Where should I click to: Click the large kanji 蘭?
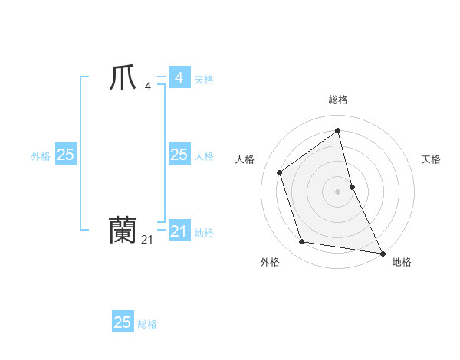123,231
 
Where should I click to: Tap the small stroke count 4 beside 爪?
147,86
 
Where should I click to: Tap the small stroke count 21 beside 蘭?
147,240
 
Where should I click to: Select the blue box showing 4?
179,78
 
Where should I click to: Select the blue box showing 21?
179,231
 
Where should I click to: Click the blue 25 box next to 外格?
65,155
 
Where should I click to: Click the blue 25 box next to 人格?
179,155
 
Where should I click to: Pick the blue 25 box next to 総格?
123,322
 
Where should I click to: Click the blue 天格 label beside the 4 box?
204,80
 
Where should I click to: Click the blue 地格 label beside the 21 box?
204,233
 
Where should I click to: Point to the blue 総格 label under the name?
147,324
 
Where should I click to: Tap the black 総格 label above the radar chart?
338,100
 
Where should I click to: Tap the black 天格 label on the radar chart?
432,159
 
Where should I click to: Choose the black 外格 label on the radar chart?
270,262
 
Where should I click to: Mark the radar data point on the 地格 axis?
381,252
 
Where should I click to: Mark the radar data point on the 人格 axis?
280,172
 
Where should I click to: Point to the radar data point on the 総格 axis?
338,130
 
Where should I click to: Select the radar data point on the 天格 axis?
352,186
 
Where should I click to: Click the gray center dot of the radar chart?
338,191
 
